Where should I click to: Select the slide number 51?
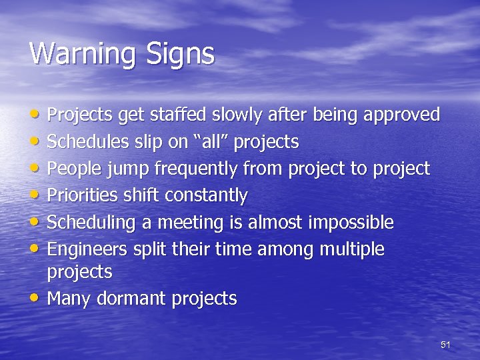point(446,345)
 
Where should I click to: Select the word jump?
point(129,169)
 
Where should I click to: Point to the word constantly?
point(206,195)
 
